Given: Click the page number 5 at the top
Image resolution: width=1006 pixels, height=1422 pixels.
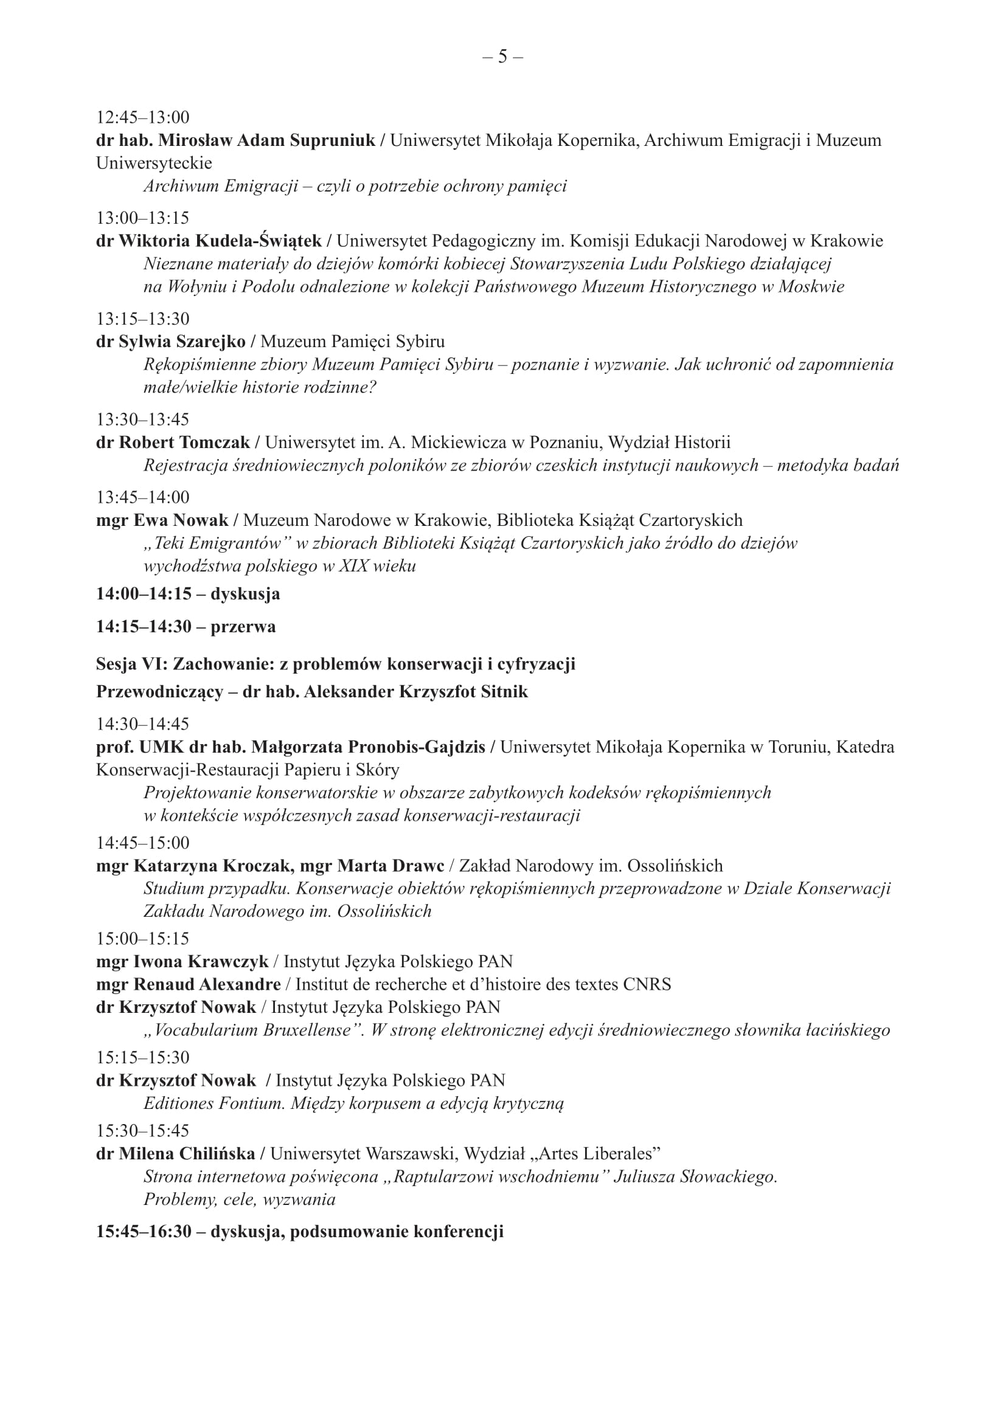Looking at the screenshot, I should (x=502, y=57).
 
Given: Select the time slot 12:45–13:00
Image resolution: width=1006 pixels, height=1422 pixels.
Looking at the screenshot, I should (x=142, y=117).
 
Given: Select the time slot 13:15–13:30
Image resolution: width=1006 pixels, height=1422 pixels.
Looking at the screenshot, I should (x=142, y=319).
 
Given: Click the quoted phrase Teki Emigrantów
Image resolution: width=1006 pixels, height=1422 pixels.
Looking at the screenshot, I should (x=217, y=544).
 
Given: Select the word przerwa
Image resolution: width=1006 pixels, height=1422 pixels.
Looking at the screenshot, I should (x=243, y=627).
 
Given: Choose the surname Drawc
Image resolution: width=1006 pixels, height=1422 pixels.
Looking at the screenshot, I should (x=417, y=866).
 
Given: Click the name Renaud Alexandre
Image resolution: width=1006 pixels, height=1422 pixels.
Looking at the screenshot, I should (x=207, y=985).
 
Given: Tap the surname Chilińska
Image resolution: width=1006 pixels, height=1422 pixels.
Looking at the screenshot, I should (x=217, y=1155).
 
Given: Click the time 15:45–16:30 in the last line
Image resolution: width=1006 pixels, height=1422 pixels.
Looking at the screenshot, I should (x=144, y=1232).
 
